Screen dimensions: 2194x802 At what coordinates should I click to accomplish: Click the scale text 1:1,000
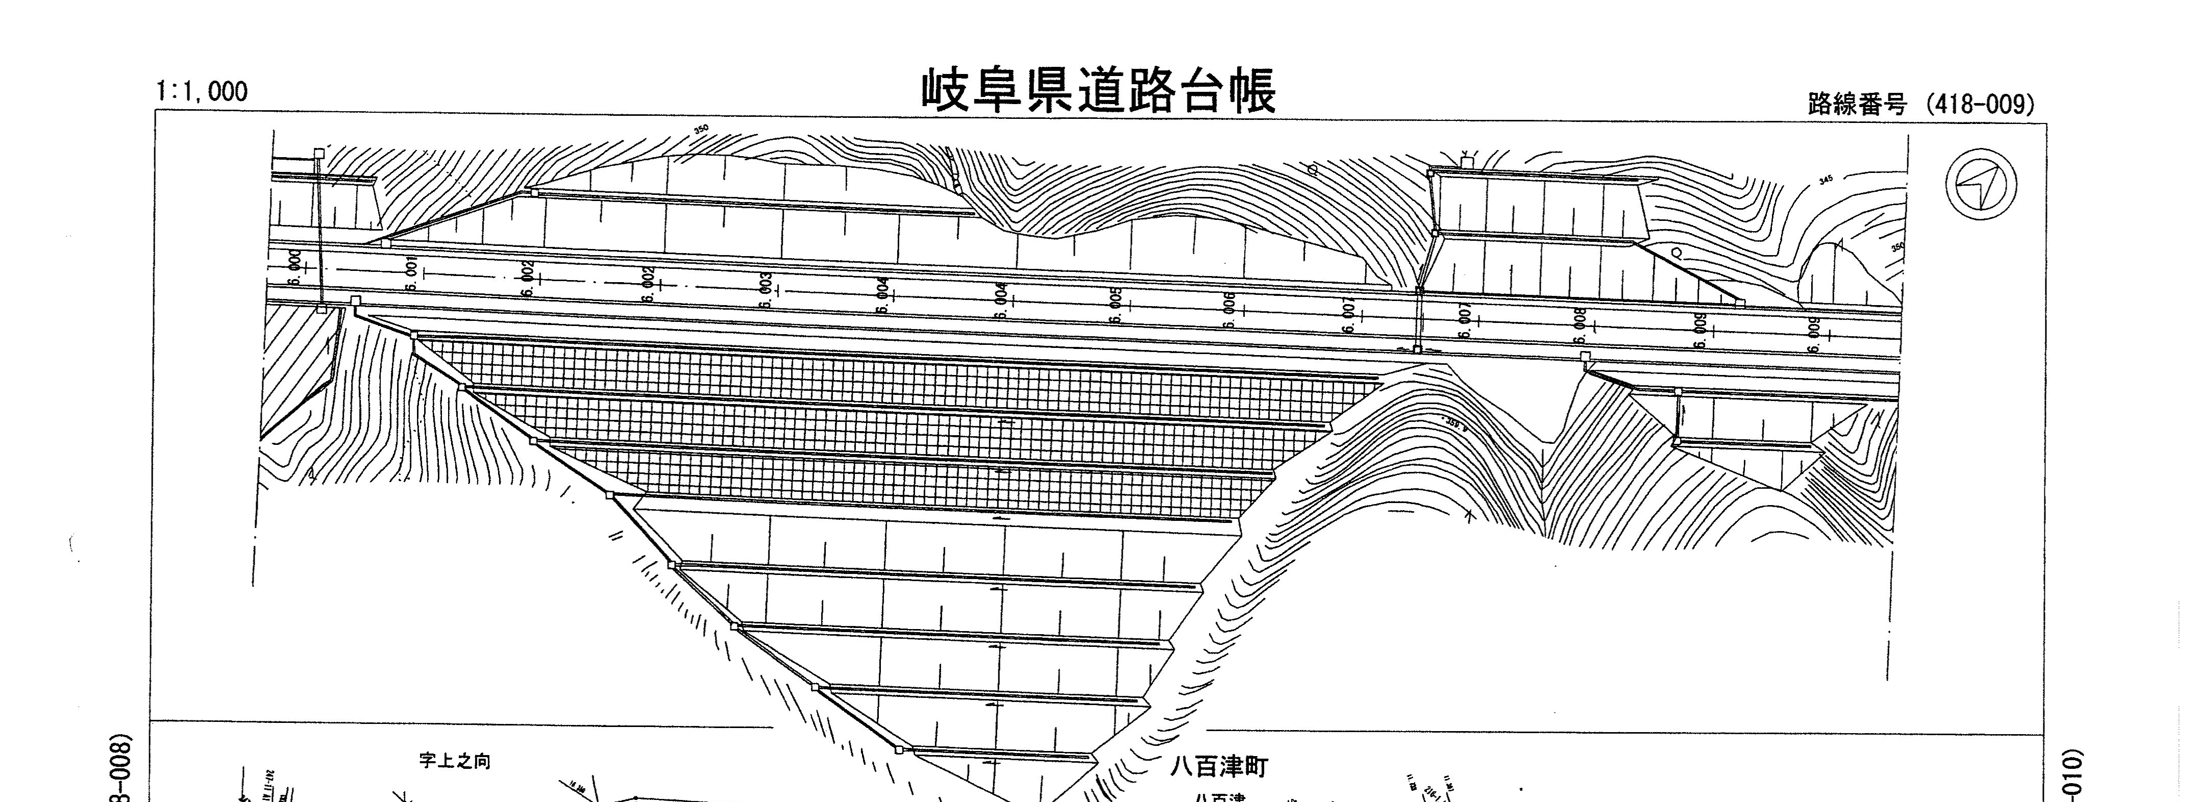tap(202, 92)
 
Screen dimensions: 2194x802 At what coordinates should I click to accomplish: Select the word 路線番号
tap(1857, 105)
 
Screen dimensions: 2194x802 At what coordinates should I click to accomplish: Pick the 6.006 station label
tap(1229, 311)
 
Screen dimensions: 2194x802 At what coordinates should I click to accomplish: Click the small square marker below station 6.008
tap(1585, 357)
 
